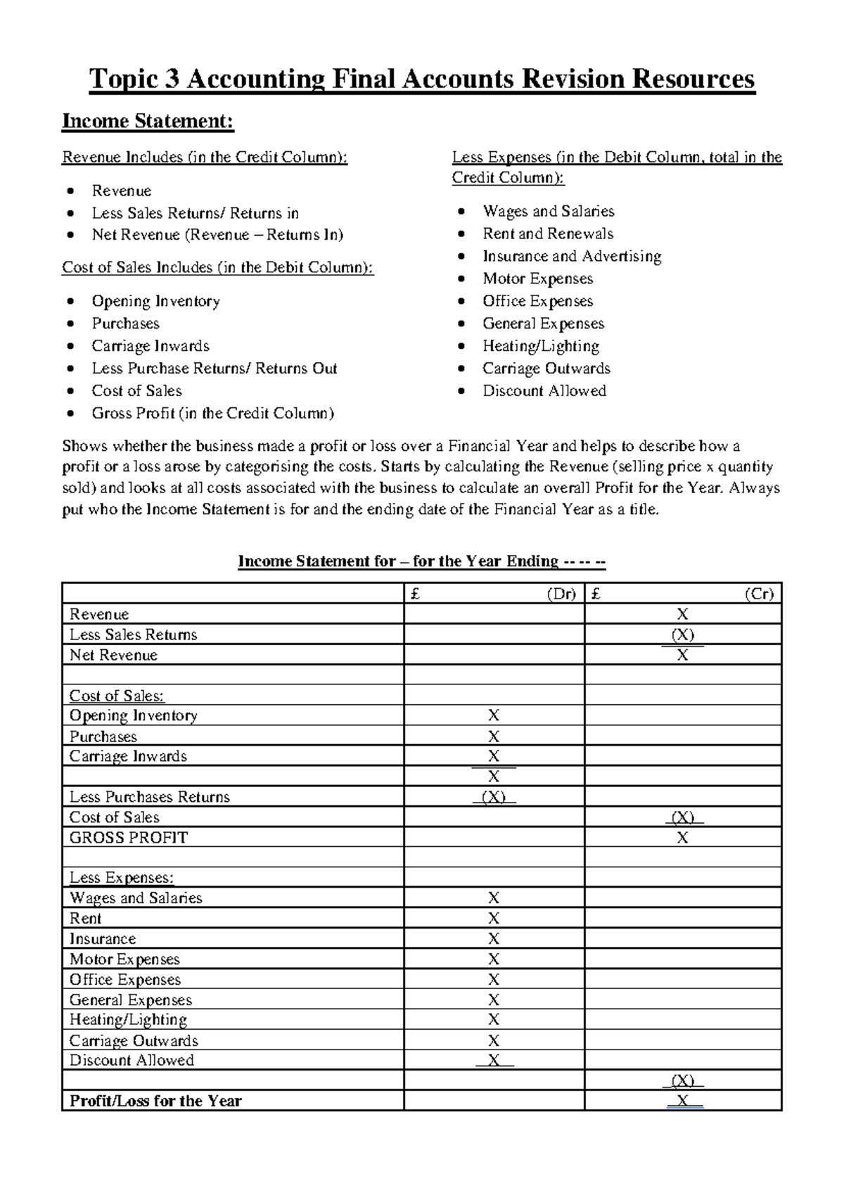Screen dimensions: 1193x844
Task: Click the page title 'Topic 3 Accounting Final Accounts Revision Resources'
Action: click(422, 79)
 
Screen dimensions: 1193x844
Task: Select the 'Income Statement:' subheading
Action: click(148, 121)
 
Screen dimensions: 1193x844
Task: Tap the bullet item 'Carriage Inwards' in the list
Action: click(151, 346)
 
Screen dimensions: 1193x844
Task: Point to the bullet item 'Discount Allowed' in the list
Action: click(544, 391)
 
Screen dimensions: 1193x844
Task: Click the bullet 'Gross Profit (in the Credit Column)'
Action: click(212, 414)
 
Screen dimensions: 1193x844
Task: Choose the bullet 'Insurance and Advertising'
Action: click(571, 257)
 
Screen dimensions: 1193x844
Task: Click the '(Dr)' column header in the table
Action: click(561, 594)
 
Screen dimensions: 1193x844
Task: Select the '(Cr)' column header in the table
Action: click(759, 594)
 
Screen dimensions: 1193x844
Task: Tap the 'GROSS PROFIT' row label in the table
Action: click(129, 838)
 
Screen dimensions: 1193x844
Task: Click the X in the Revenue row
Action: click(682, 615)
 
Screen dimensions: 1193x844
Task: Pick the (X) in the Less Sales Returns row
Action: click(682, 635)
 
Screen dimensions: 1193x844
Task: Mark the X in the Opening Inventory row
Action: click(494, 716)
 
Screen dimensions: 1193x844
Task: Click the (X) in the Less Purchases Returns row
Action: click(494, 798)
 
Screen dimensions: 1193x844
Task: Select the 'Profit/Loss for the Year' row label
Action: click(155, 1102)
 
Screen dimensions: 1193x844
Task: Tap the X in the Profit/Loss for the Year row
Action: click(682, 1102)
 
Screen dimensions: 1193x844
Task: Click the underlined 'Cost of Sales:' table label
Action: click(117, 696)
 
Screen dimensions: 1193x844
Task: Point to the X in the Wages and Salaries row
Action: click(494, 898)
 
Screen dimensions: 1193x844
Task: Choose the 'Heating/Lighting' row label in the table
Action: click(128, 1020)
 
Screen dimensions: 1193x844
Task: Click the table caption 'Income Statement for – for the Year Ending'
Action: click(422, 561)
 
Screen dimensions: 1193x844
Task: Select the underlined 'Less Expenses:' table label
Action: click(122, 878)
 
